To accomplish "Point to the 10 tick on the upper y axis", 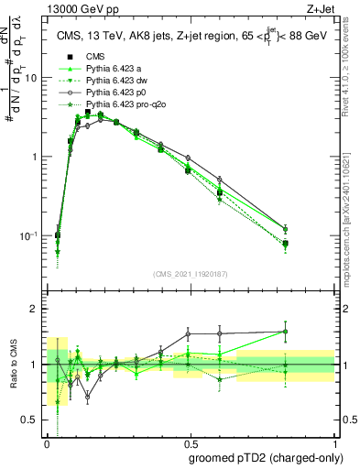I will [x=35, y=78].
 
